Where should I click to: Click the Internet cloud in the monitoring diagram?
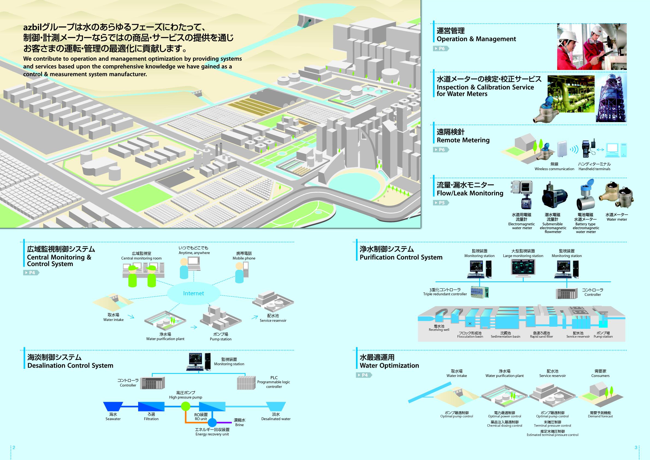pos(193,293)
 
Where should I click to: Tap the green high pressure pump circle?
pos(185,406)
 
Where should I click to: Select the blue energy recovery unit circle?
pos(212,423)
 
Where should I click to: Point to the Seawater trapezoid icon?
pos(113,406)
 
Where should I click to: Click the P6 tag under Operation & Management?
pos(441,49)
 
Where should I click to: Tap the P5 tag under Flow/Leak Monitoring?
pos(441,203)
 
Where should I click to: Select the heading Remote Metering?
pos(463,140)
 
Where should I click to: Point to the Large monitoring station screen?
pos(523,267)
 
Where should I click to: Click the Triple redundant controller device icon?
pos(480,292)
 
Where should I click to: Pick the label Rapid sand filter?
pos(541,337)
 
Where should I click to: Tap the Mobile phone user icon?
pos(240,273)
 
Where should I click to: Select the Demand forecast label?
pos(600,416)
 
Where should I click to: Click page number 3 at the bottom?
pos(636,447)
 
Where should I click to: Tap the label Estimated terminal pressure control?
pos(552,435)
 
